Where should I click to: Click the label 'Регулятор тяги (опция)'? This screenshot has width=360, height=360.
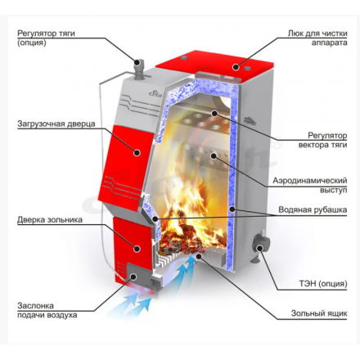coord(46,38)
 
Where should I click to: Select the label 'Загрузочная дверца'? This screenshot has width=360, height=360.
coord(56,124)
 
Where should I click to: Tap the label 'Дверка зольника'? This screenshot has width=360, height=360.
coord(50,219)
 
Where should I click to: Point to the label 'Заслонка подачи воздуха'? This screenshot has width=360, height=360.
coord(47,310)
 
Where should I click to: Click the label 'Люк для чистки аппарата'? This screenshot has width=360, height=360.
coord(317,38)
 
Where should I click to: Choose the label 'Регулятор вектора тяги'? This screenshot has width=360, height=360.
coord(323,140)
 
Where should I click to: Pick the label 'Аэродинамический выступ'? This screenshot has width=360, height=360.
coord(310,185)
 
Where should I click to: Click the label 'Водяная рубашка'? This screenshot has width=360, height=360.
coord(313,209)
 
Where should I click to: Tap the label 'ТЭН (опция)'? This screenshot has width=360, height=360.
coord(323,284)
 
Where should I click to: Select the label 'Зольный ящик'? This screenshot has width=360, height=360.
coord(319,313)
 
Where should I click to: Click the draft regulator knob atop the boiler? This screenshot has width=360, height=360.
coord(139,69)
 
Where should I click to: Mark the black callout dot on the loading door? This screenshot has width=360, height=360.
coord(137,152)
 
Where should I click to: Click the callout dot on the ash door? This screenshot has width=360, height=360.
coord(137,249)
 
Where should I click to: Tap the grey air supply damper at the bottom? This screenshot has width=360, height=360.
coord(136,275)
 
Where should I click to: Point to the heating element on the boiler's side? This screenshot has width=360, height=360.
coord(260,245)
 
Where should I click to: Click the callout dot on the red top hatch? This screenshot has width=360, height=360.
coord(236,67)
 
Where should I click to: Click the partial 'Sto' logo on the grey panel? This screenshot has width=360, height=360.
coord(155,94)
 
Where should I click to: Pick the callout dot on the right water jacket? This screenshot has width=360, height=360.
coord(232,209)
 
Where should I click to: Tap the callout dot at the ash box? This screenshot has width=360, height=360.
coord(199,256)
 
